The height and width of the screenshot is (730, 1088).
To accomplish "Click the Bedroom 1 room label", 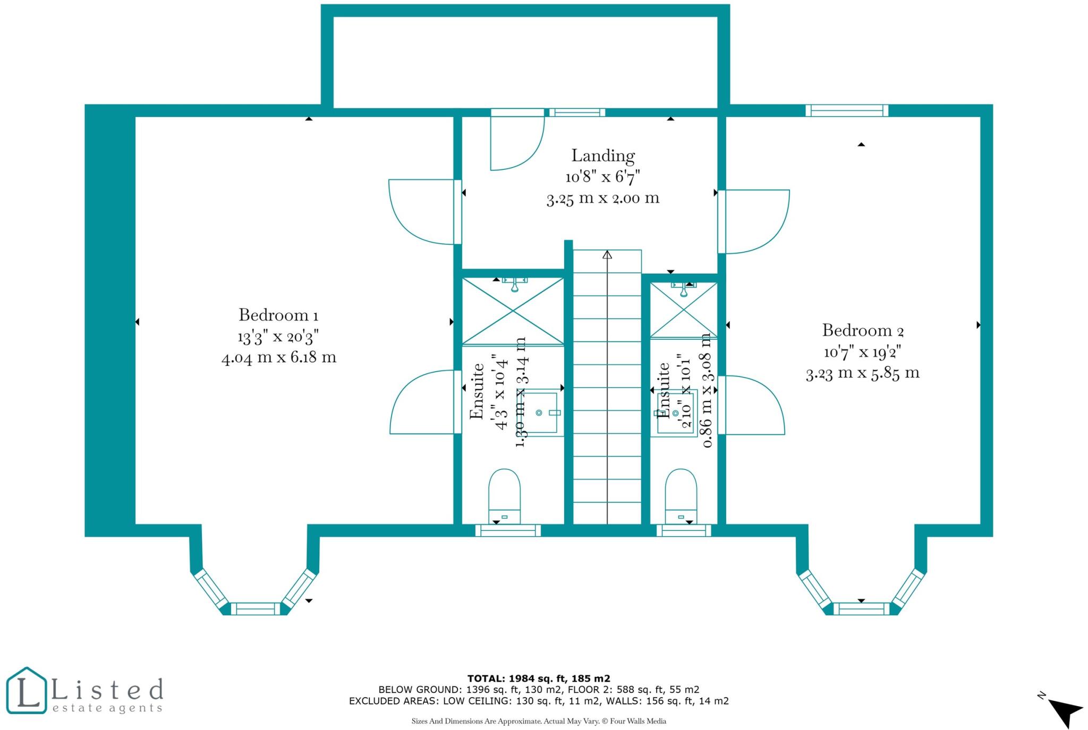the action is pyautogui.click(x=278, y=315).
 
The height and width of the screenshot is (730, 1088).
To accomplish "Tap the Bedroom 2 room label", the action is pyautogui.click(x=863, y=331).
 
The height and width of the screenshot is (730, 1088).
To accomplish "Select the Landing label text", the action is pyautogui.click(x=603, y=156).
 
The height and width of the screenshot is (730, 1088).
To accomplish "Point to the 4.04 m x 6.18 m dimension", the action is pyautogui.click(x=279, y=357).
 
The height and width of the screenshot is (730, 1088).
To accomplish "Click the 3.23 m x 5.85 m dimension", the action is pyautogui.click(x=863, y=373).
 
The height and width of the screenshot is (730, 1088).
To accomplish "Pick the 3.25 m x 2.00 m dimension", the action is pyautogui.click(x=603, y=199).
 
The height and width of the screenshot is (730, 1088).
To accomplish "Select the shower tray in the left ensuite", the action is pyautogui.click(x=513, y=311).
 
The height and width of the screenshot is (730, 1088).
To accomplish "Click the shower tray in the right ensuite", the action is pyautogui.click(x=684, y=310).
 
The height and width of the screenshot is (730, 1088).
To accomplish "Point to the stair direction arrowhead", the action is pyautogui.click(x=607, y=254).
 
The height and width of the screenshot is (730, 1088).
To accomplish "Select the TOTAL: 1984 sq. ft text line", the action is pyautogui.click(x=539, y=679).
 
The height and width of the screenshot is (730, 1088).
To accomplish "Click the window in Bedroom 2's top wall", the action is pyautogui.click(x=847, y=110).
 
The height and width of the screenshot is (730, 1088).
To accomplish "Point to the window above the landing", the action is pyautogui.click(x=577, y=113).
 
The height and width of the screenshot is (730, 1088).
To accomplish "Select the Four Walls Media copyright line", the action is pyautogui.click(x=539, y=721).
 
